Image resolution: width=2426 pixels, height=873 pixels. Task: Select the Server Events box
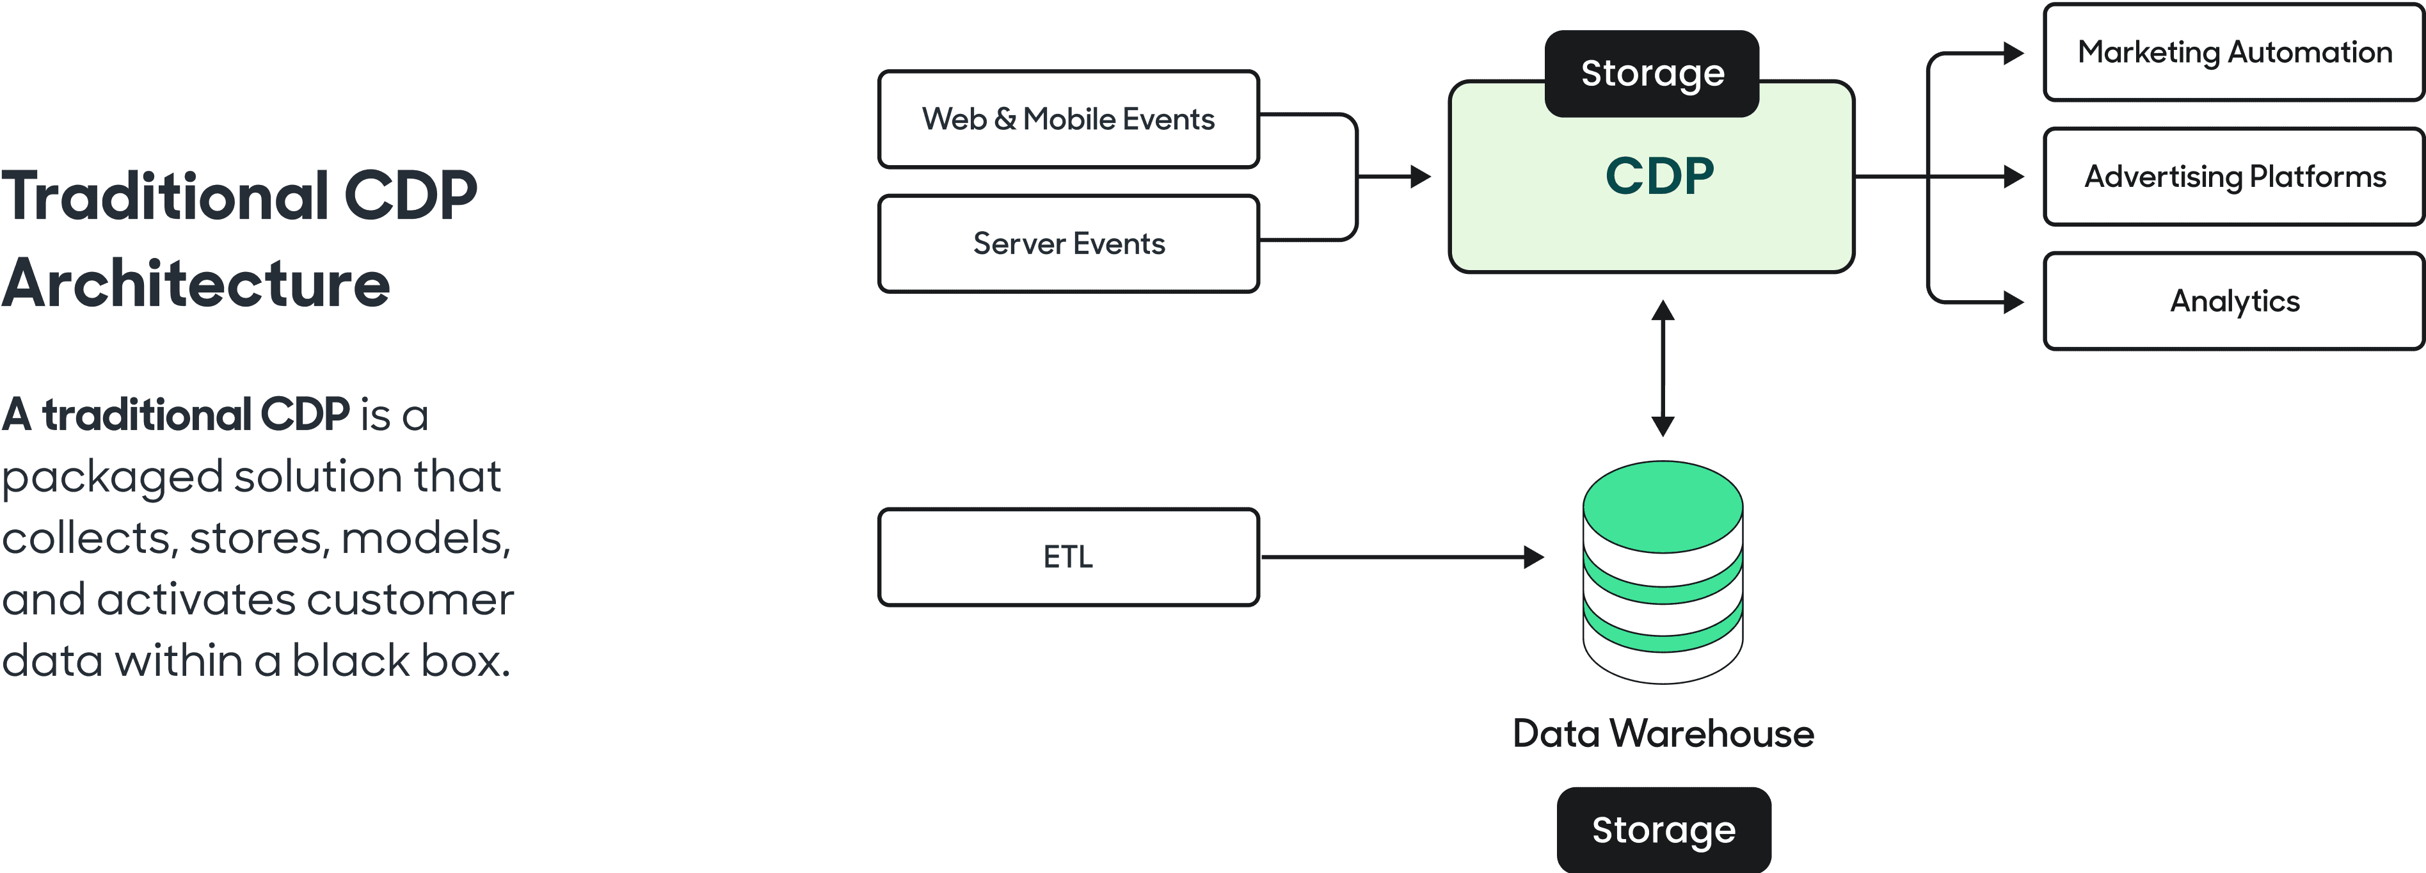pos(1068,244)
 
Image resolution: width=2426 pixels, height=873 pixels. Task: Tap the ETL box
pos(1068,557)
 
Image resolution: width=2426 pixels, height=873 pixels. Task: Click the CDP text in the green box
pos(1659,176)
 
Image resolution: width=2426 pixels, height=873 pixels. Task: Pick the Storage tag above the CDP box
pos(1652,74)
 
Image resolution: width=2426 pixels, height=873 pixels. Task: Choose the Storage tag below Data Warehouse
pos(1663,829)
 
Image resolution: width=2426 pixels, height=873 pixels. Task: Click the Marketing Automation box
pos(2234,52)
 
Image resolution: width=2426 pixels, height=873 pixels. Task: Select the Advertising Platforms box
pos(2234,176)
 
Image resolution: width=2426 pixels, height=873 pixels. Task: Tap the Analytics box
pos(2234,301)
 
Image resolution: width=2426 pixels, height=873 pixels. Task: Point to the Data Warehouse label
pos(1663,733)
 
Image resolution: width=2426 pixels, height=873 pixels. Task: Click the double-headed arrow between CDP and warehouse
pos(1663,368)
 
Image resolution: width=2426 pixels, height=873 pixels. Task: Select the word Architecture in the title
pos(195,284)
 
